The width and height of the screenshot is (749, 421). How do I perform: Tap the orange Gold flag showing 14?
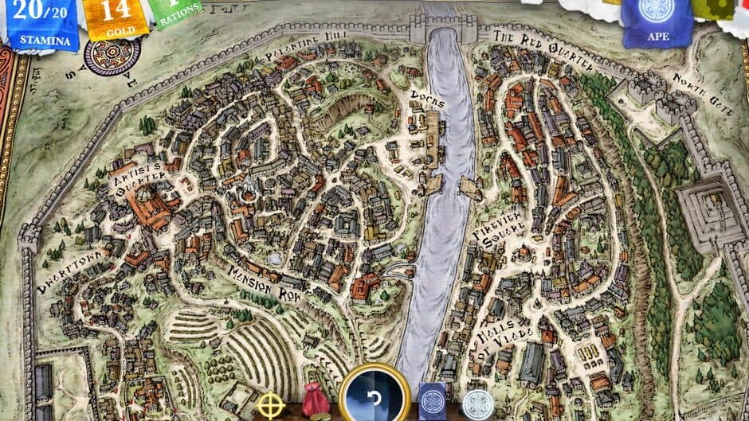(x=116, y=18)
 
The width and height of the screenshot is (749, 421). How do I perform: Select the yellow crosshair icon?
(x=271, y=405)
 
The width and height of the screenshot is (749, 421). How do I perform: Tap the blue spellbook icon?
(x=433, y=400)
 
